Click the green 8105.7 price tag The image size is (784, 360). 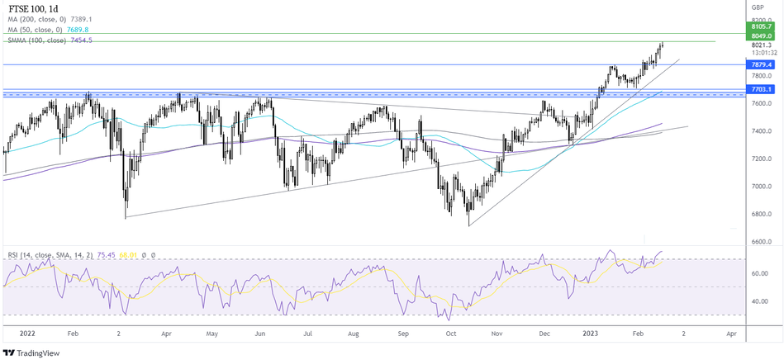(758, 26)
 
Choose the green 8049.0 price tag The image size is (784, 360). (758, 36)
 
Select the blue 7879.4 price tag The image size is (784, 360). (758, 64)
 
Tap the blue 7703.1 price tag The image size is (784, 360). (758, 89)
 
